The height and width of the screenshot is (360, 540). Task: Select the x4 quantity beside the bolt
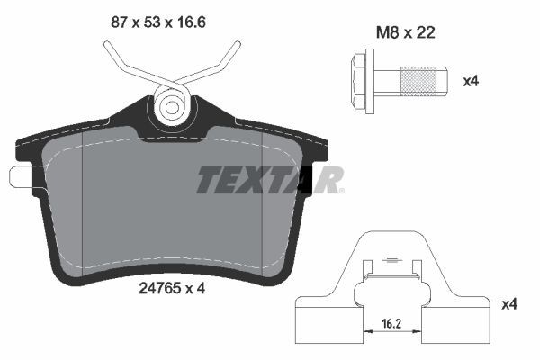click(x=470, y=81)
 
